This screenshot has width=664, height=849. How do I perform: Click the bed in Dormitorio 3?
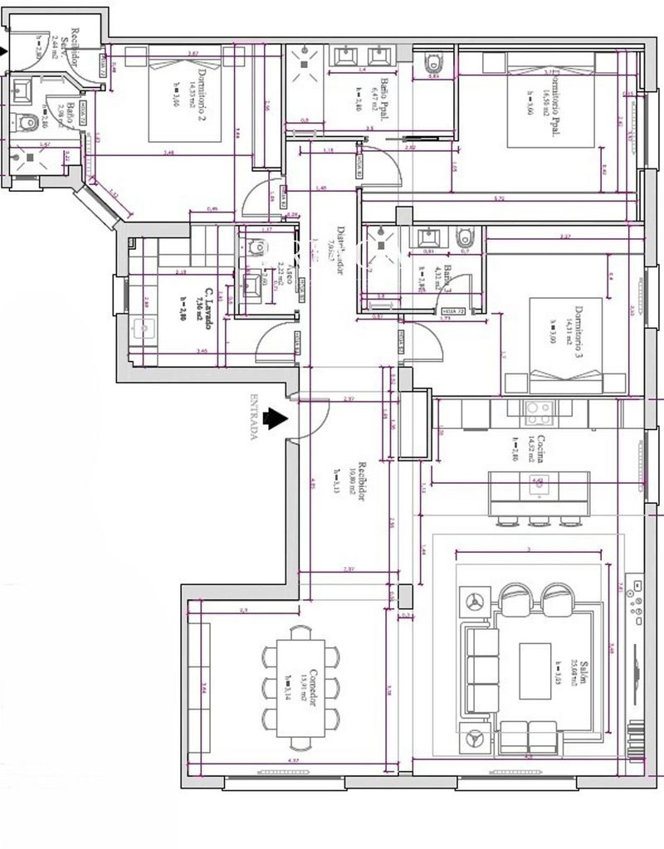565,344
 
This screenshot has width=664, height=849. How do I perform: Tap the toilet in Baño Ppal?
432,62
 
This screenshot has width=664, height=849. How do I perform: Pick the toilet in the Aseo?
255,246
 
